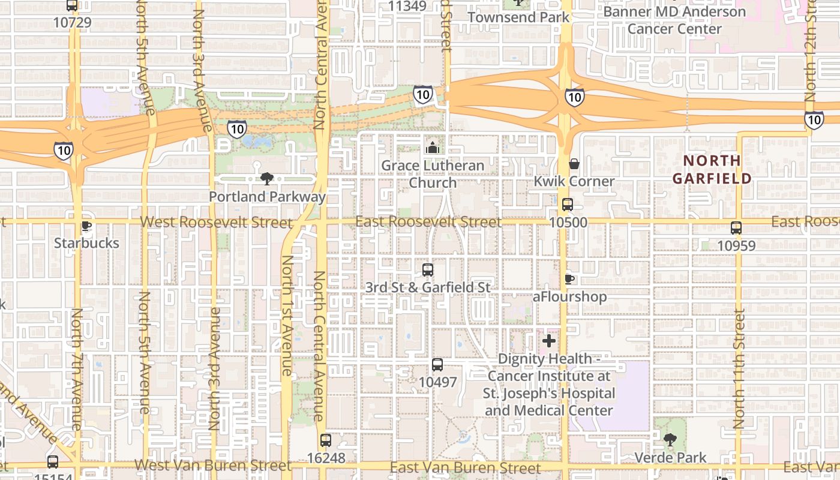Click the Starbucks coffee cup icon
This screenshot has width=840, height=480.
point(86,226)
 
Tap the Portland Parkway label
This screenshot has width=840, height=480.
point(267,196)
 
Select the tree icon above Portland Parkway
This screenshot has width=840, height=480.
point(267,178)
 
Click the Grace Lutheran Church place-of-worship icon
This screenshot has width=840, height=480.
point(433,148)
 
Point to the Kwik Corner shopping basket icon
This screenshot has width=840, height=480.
point(574,164)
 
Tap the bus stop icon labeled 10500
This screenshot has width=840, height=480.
point(568,205)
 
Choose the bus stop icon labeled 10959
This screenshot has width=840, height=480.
point(736,228)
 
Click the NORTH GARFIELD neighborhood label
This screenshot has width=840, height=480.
point(712,169)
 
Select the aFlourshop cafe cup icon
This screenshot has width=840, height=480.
point(569,279)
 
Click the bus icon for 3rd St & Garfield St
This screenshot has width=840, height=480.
point(428,270)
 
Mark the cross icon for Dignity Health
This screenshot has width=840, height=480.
point(549,341)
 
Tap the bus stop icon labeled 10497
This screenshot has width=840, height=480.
point(437,365)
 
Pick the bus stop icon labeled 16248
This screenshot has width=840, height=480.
point(325,440)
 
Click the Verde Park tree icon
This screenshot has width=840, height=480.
point(670,440)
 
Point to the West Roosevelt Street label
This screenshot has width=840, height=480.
point(216,222)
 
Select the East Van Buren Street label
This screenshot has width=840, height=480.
point(465,467)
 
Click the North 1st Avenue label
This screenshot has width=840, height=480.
point(287,316)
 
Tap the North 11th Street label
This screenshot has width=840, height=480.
point(740,369)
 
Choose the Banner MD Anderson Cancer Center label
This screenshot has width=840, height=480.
point(674,20)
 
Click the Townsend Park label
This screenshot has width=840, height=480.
point(518,17)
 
